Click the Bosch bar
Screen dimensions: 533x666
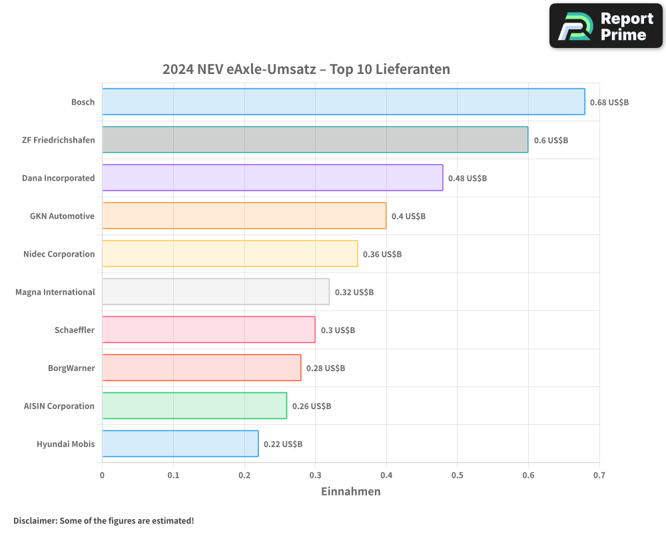click(343, 102)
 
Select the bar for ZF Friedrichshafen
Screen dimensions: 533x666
click(315, 140)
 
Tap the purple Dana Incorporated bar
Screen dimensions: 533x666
click(272, 178)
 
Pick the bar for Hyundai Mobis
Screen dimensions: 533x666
click(180, 444)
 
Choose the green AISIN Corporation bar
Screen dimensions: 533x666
click(194, 406)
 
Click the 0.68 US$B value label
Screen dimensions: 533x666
click(609, 103)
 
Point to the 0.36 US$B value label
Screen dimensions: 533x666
click(382, 255)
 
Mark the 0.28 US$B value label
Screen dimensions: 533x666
click(326, 368)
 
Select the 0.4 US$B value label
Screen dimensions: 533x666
click(408, 217)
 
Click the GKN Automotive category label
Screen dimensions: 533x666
click(62, 217)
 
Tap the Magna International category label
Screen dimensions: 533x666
click(55, 292)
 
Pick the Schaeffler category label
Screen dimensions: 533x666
click(75, 330)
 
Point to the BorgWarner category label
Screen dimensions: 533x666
click(71, 368)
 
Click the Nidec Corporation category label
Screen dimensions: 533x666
click(59, 255)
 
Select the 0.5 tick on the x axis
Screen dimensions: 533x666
click(457, 476)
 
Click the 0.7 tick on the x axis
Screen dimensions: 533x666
click(599, 476)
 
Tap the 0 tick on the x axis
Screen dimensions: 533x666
click(102, 476)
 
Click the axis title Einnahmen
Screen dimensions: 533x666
click(350, 492)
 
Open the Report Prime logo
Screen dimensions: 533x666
click(605, 26)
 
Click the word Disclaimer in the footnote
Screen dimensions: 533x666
click(34, 521)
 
